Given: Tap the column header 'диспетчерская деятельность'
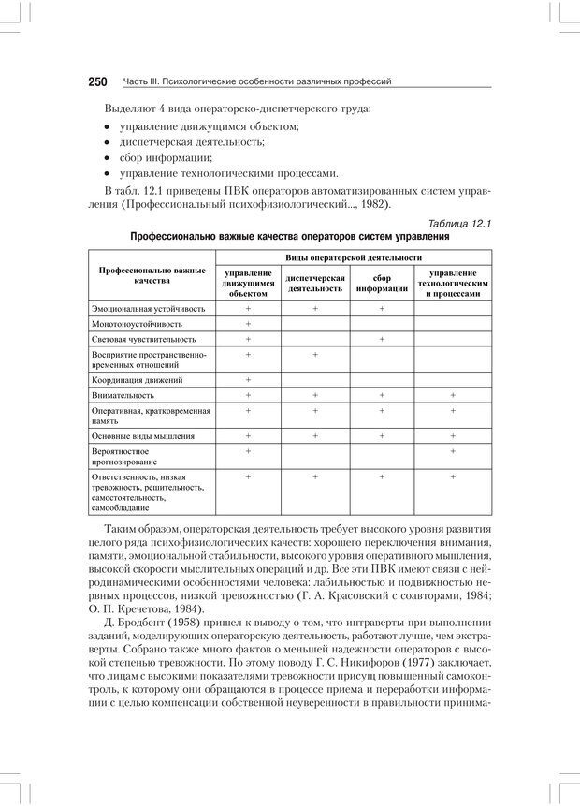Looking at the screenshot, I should pyautogui.click(x=315, y=284).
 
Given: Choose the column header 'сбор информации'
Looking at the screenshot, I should pyautogui.click(x=382, y=284).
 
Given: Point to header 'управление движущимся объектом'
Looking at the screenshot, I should pyautogui.click(x=249, y=284).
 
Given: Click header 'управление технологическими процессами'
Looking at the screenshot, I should pyautogui.click(x=453, y=284).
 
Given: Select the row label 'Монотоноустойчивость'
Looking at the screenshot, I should pyautogui.click(x=138, y=323).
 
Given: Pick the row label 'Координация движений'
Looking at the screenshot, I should pyautogui.click(x=137, y=380).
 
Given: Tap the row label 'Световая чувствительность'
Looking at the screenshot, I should pyautogui.click(x=143, y=339).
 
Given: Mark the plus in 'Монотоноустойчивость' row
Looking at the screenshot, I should pyautogui.click(x=249, y=323).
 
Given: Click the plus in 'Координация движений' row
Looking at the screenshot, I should pyautogui.click(x=249, y=380).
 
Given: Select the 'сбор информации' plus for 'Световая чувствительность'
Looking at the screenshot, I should pyautogui.click(x=382, y=339).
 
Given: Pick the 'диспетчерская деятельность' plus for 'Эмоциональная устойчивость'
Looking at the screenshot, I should pyautogui.click(x=315, y=307).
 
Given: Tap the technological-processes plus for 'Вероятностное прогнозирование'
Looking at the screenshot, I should pyautogui.click(x=453, y=451).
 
